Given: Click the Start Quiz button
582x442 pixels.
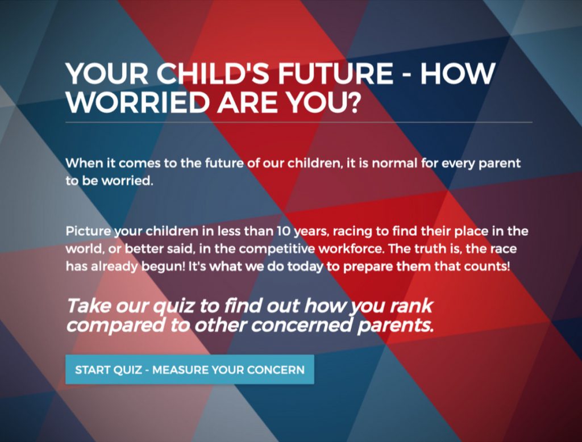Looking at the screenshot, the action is tap(190, 369).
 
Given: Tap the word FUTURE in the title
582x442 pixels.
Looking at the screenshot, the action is tap(335, 73).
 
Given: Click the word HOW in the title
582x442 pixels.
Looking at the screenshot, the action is tap(458, 73).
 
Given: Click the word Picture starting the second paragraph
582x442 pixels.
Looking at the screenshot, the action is tap(88, 231).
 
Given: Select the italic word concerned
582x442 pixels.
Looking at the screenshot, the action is tap(301, 325).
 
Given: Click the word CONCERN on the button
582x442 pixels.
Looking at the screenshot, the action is tap(276, 370).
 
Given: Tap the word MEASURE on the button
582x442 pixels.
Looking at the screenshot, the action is tap(180, 370).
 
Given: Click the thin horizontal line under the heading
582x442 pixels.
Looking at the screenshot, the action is tap(299, 122).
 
